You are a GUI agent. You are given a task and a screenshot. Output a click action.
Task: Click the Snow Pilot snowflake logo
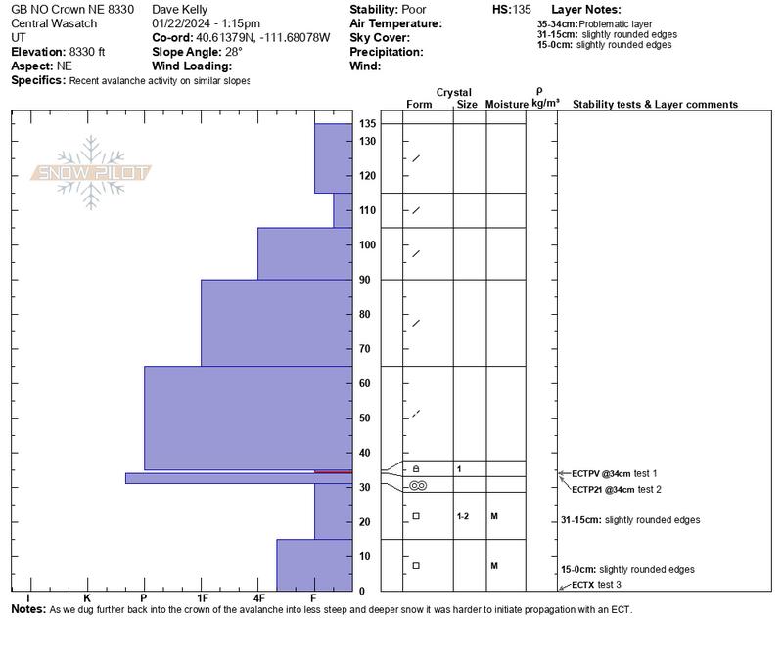[91, 173]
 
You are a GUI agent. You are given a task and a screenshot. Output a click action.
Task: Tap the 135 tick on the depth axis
[368, 124]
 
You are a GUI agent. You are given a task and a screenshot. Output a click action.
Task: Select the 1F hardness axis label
[202, 597]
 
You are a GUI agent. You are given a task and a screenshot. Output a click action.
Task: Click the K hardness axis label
[87, 597]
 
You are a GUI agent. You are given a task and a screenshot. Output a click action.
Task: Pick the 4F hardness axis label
[258, 597]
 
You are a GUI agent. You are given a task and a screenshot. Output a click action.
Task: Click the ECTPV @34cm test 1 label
[615, 473]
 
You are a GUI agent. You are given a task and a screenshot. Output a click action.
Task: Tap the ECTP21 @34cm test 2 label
[616, 489]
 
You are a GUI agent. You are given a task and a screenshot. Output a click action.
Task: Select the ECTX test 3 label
[597, 585]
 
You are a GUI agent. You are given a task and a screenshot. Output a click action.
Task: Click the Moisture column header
[506, 105]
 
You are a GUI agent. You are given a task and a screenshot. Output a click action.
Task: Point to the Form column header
[419, 105]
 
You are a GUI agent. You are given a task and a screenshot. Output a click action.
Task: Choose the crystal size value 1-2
[463, 515]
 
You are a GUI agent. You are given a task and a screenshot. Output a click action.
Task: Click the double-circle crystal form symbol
[417, 485]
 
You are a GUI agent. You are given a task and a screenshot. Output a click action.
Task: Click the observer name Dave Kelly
[180, 9]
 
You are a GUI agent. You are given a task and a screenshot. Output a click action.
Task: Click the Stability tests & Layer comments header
[655, 105]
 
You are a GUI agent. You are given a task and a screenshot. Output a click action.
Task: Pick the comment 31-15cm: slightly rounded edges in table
[630, 520]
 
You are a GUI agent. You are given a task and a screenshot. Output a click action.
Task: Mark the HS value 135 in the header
[521, 9]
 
